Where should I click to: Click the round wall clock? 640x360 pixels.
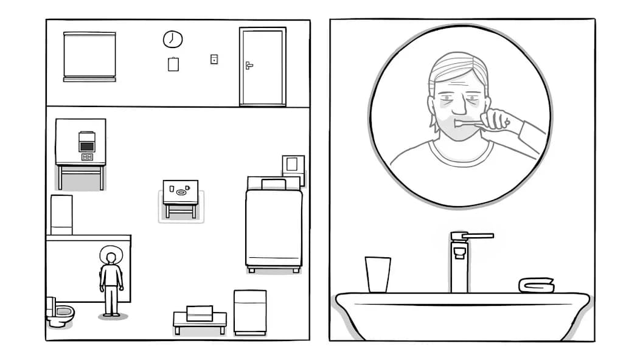pos(173,39)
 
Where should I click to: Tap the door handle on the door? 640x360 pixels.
pos(249,64)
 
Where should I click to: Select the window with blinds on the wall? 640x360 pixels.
pos(89,56)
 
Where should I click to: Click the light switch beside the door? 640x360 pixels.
pos(214,59)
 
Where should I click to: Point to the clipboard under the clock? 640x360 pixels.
pos(173,64)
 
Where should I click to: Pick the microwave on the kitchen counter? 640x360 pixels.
pos(87,142)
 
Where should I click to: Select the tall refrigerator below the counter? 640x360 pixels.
pos(61,214)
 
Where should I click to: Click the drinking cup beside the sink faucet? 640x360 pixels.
pos(378,274)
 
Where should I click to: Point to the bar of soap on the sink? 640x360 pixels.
pos(536,285)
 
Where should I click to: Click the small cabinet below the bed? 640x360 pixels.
pos(250,311)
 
